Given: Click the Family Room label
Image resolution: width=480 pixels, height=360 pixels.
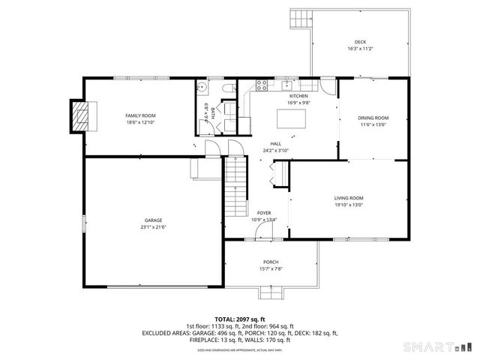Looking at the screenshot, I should tap(139, 115).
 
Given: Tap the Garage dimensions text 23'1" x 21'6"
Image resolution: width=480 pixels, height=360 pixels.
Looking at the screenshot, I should tap(152, 226).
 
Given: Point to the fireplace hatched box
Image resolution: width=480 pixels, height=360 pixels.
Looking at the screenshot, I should tap(79, 115).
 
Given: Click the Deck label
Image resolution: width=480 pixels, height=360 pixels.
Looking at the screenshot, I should tap(361, 41).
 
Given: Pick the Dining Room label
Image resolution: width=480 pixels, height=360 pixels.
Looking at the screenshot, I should tap(373, 118).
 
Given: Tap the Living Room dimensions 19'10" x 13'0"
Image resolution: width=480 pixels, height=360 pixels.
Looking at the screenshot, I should tap(349, 205).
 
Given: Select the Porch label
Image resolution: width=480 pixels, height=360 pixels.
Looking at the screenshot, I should tap(271, 262).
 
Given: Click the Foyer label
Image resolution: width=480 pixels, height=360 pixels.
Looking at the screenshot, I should tap(264, 213).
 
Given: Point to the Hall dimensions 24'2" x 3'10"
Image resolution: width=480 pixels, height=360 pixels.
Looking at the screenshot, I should tap(275, 151).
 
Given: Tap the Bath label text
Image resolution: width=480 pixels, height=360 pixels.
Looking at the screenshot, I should tap(213, 113).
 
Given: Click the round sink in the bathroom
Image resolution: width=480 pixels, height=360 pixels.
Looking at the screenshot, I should tap(200, 88).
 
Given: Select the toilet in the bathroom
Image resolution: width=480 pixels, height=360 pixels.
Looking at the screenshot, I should tap(226, 89).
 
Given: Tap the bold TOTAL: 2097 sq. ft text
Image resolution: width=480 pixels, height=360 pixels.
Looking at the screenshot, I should tap(240, 319).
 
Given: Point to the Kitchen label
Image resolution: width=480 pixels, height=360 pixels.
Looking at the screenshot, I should tap(299, 96).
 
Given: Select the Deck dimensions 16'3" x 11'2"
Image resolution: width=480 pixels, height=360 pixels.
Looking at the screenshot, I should tap(361, 49).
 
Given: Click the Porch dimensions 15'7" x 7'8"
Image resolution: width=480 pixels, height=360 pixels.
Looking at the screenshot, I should tap(271, 268).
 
